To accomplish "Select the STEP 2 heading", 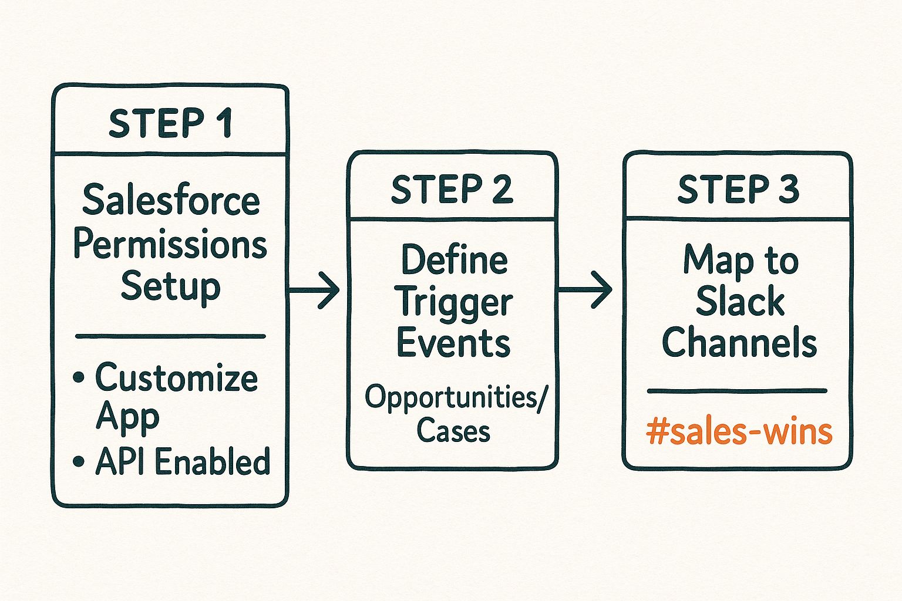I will [x=452, y=189].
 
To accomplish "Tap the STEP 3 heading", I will [x=738, y=189].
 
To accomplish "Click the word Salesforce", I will [x=171, y=200].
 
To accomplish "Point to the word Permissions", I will [x=170, y=244].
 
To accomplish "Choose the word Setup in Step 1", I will [x=170, y=287].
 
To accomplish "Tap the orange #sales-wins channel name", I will [x=739, y=431].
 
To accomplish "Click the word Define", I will [x=454, y=259].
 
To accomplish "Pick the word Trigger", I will [x=456, y=303].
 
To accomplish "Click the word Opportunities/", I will [x=456, y=397].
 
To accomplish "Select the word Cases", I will [x=453, y=431].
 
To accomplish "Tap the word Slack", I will [x=740, y=302].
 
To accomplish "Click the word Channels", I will [x=739, y=343].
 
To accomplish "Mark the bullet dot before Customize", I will [x=79, y=377].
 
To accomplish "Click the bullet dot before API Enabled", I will [x=79, y=462].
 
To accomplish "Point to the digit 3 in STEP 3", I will [x=788, y=189].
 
